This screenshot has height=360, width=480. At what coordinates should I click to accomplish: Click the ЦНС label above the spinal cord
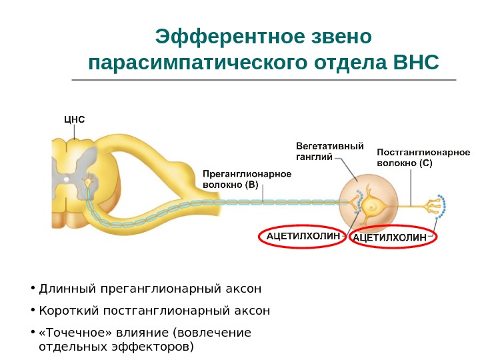click(74, 119)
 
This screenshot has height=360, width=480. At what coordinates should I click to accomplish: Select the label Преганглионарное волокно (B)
click(247, 179)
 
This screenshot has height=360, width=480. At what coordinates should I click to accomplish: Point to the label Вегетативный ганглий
click(329, 151)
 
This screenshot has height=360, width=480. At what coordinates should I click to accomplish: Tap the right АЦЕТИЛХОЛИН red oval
click(393, 237)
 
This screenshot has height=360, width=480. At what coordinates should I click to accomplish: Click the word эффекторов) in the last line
click(159, 347)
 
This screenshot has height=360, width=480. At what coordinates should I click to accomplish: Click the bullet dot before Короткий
click(33, 310)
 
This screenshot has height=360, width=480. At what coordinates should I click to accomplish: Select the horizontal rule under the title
click(263, 80)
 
